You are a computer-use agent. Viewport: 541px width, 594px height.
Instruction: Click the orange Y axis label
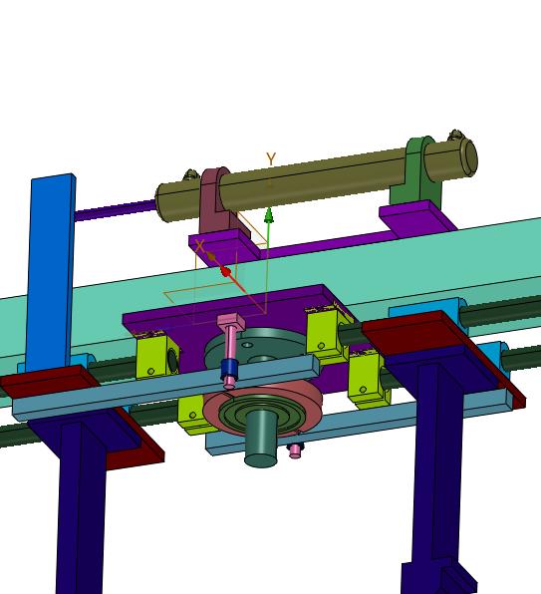(271, 159)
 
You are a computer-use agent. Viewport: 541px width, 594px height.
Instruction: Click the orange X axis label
(200, 246)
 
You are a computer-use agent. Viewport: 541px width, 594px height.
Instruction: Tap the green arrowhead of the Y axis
(269, 215)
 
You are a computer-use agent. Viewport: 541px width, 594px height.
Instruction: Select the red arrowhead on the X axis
(225, 272)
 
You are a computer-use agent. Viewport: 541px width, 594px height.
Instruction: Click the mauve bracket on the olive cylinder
(217, 200)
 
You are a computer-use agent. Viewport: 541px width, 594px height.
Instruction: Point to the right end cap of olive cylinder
(468, 157)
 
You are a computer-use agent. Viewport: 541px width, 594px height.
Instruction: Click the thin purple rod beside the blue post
(116, 210)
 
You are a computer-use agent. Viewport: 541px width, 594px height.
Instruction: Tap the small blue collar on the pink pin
(229, 368)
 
